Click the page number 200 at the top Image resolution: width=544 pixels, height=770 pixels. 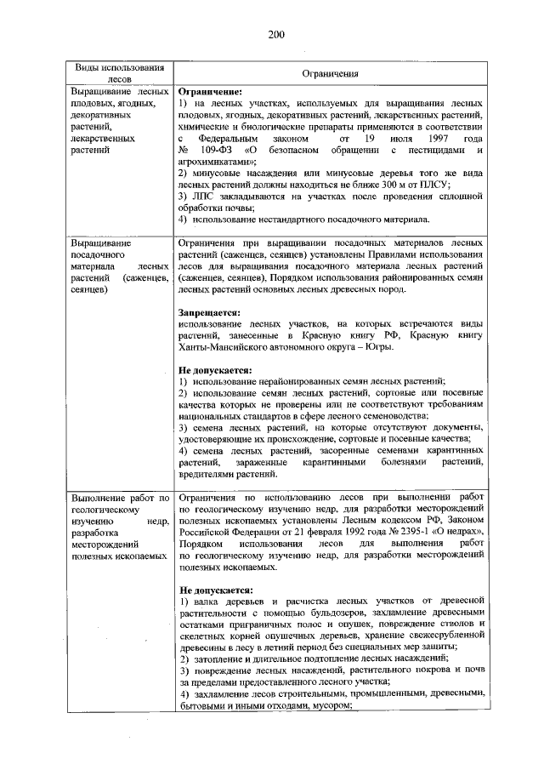[275, 34]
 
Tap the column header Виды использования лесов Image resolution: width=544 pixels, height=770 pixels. [117, 74]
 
